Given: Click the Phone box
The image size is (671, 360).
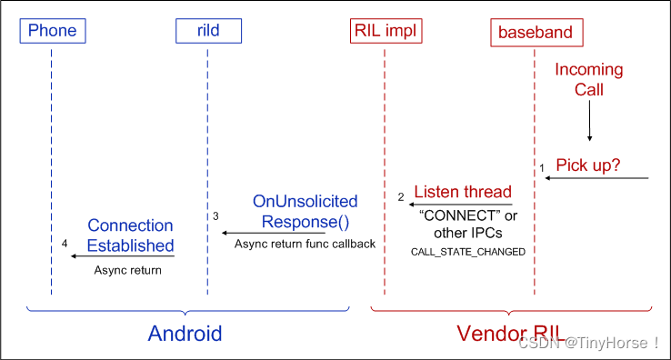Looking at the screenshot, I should tap(53, 31).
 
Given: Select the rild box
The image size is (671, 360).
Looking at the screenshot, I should tap(209, 31).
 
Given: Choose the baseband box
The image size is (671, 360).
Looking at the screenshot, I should tap(536, 33).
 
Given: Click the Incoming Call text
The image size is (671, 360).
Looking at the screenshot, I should tap(588, 79).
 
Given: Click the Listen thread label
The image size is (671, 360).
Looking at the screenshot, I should tap(463, 192).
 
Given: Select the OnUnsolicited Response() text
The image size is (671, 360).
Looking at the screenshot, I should tap(305, 211).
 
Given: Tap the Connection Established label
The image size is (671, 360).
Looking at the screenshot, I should tap(130, 235).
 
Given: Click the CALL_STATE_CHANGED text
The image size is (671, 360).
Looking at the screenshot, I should tap(468, 251).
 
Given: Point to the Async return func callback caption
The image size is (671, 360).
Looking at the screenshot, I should tap(305, 244).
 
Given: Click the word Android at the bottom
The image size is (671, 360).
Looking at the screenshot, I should tap(185, 334).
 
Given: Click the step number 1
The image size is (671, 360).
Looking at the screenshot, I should tap(541, 168).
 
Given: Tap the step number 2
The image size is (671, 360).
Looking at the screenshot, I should tap(400, 196).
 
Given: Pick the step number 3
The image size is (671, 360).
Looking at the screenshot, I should tap(216, 216).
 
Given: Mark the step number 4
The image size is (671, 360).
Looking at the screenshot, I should tap(64, 244).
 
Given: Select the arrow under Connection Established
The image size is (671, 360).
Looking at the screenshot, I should tap(122, 256).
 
